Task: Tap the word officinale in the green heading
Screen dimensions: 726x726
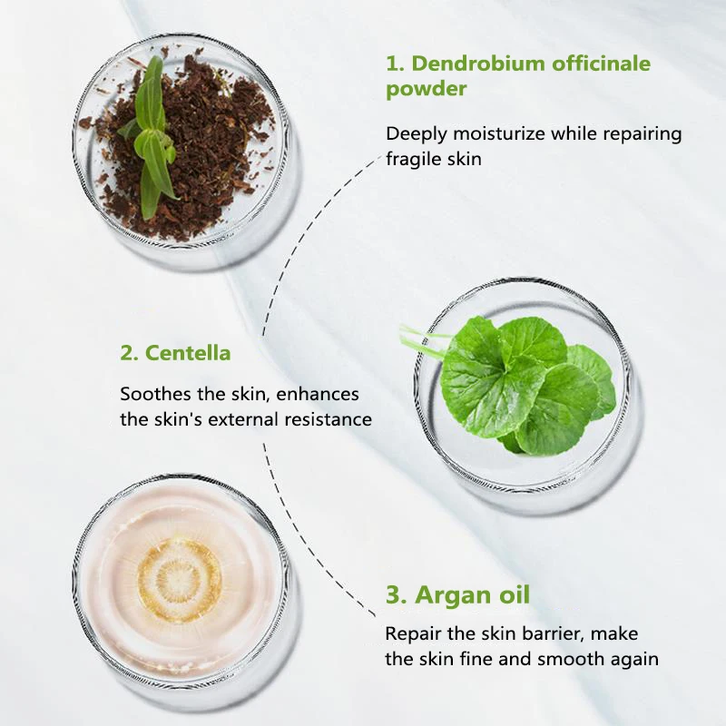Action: tap(597, 64)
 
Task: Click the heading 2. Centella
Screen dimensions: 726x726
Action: tap(175, 352)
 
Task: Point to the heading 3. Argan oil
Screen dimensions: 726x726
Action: tap(457, 595)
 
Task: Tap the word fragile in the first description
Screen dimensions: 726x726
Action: tap(414, 158)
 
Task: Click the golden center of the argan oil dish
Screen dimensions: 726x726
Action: tap(179, 580)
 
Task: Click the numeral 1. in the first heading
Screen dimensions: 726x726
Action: tap(395, 64)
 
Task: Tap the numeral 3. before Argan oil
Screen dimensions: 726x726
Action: tap(396, 595)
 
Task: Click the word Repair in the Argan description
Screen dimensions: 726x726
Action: tap(412, 633)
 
